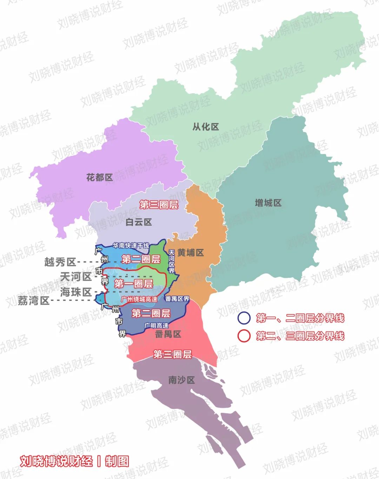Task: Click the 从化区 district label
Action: (x=206, y=127)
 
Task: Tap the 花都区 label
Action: (x=100, y=177)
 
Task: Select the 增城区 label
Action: (x=268, y=203)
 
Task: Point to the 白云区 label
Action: (x=139, y=222)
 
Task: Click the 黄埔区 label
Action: (x=191, y=252)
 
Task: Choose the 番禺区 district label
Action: (x=168, y=334)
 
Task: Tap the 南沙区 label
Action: (x=181, y=380)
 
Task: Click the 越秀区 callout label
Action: (x=60, y=262)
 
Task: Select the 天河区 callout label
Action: (x=76, y=277)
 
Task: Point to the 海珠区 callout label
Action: (x=76, y=292)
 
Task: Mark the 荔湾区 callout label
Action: (x=34, y=301)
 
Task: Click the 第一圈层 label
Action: (x=134, y=283)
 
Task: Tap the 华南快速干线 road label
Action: (x=131, y=245)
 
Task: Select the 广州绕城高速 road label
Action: (x=139, y=299)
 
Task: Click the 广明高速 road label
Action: (x=157, y=326)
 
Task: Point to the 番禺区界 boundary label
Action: (x=177, y=299)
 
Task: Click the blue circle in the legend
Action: (x=244, y=318)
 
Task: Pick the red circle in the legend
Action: (x=244, y=336)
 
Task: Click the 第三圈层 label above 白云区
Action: (x=159, y=205)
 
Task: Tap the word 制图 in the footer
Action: (x=117, y=461)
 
